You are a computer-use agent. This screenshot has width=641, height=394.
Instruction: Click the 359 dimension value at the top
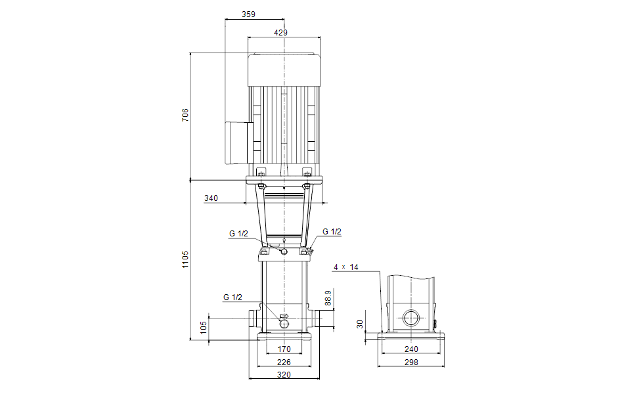248,14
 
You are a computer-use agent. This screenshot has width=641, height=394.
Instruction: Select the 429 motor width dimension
281,32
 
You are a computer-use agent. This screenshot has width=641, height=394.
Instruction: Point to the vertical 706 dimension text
185,115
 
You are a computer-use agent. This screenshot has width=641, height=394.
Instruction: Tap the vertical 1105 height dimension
185,259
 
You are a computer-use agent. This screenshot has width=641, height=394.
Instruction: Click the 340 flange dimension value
211,198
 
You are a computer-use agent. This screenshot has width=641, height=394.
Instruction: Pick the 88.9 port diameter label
328,298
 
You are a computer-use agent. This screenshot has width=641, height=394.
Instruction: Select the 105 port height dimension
204,328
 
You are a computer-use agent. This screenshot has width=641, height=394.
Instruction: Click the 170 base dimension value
284,349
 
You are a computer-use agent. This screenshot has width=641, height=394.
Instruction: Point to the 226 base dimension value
284,362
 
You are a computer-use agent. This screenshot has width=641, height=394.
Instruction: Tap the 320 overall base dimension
284,375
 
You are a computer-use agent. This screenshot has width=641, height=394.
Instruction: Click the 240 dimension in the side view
411,349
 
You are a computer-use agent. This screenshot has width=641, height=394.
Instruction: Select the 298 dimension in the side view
411,362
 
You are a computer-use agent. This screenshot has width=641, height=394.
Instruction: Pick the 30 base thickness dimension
360,324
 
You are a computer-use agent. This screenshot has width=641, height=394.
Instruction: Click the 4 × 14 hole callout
346,267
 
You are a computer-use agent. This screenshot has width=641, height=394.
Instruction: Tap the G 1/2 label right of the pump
332,232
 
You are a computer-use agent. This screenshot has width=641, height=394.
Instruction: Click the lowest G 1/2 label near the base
232,297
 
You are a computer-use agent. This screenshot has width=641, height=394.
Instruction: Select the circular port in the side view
410,318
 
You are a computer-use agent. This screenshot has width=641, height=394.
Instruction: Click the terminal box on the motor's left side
236,142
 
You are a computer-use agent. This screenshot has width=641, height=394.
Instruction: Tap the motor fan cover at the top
284,70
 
